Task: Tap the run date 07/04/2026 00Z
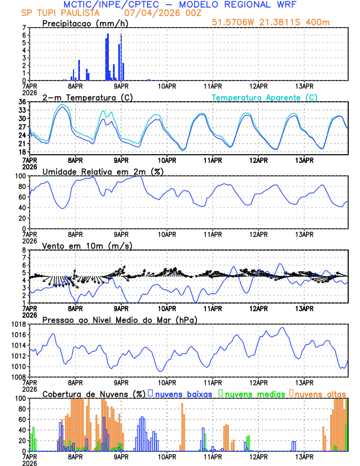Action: pos(161,13)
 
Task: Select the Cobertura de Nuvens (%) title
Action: pos(93,394)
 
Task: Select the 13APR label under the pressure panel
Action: pos(304,382)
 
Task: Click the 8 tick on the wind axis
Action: pos(24,250)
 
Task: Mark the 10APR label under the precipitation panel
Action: pos(166,85)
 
